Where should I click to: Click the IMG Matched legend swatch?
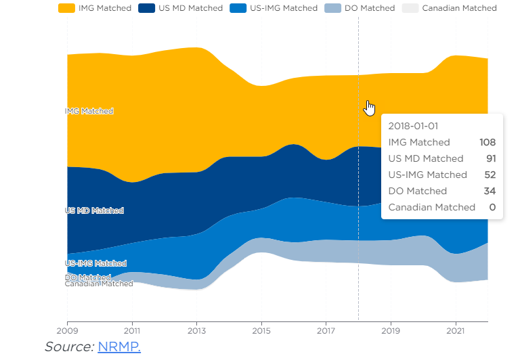(66, 8)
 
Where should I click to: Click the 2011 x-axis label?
(132, 332)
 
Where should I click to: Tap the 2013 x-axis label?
(196, 332)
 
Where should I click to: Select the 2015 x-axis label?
(261, 332)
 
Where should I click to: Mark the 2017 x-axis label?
(326, 332)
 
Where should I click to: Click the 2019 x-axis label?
(391, 332)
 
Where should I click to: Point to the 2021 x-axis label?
(456, 332)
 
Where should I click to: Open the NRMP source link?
(118, 346)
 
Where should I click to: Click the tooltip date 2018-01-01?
(415, 126)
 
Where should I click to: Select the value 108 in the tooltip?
(487, 142)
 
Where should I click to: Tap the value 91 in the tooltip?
(490, 158)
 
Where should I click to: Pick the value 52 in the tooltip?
(490, 175)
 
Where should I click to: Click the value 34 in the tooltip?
(490, 191)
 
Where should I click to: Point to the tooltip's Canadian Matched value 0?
(493, 207)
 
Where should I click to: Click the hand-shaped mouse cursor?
(370, 108)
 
